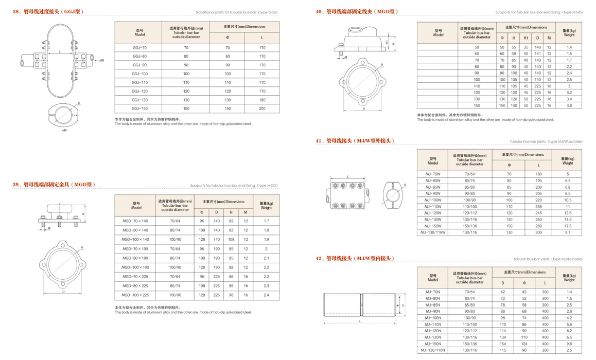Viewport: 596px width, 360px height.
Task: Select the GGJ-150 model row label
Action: tap(139, 109)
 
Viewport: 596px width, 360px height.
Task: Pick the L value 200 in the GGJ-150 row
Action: tap(262, 109)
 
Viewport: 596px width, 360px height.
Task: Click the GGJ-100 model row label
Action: tap(139, 74)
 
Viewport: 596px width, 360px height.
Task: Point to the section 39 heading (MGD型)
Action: tap(54, 184)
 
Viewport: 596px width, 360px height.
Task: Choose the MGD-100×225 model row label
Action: tap(135, 295)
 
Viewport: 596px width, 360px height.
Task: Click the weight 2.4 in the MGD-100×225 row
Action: tap(266, 295)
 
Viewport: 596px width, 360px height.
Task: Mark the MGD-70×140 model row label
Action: tap(135, 221)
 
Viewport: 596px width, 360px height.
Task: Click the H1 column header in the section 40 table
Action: tap(525, 38)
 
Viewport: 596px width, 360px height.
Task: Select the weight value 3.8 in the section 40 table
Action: tap(569, 105)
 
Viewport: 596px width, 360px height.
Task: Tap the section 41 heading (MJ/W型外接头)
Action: tap(355, 140)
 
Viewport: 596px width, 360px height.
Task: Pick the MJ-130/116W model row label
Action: tap(433, 232)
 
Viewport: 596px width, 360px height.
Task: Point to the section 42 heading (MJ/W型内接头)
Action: tap(355, 258)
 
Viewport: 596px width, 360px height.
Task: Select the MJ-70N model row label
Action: tap(432, 292)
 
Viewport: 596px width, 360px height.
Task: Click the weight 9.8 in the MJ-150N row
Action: tap(569, 344)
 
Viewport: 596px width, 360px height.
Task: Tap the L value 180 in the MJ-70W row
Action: tap(538, 174)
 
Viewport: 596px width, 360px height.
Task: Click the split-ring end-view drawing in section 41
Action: tap(394, 193)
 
